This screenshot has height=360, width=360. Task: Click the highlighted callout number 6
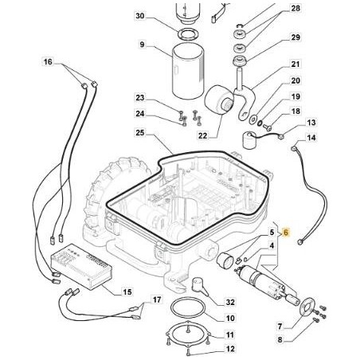[286, 233]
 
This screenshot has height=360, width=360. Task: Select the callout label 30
[139, 16]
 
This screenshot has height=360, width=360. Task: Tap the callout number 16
[48, 62]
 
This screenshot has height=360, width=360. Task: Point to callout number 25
[139, 132]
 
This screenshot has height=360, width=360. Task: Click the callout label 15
[127, 292]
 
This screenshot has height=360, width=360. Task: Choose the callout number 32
[230, 302]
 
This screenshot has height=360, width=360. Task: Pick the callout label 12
[230, 349]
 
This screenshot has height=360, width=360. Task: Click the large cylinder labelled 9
[188, 71]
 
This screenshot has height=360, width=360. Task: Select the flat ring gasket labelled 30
[188, 34]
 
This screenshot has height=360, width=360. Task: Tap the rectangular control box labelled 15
[81, 266]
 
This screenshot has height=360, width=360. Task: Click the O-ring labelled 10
[188, 307]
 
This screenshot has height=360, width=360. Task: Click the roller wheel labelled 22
[220, 100]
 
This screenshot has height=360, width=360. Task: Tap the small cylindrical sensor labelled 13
[249, 141]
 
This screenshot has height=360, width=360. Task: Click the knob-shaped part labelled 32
[200, 286]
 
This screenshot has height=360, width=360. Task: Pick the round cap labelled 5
[225, 260]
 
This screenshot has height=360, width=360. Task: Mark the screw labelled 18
[268, 127]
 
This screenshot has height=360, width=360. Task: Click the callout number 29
[295, 37]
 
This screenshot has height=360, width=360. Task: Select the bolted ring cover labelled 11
[188, 335]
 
